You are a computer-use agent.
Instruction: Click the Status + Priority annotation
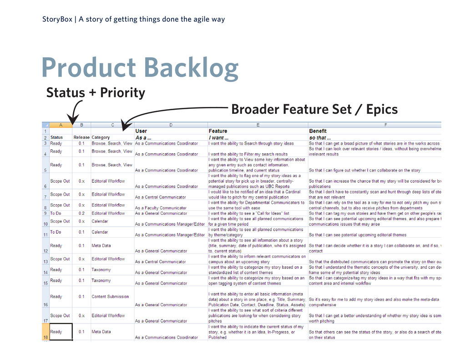[96, 93]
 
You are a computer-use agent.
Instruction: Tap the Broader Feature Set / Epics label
[314, 109]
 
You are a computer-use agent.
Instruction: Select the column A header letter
[61, 124]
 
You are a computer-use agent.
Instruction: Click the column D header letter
[171, 124]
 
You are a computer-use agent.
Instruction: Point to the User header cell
[142, 131]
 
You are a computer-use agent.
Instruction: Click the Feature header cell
[218, 131]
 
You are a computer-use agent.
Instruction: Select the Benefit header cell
[318, 131]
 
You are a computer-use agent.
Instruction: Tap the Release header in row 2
[81, 137]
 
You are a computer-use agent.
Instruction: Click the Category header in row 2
[101, 137]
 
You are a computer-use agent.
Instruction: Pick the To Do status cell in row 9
[56, 213]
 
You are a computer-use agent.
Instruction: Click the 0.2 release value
[81, 213]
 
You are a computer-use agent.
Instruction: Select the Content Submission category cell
[110, 297]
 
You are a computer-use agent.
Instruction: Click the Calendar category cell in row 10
[100, 221]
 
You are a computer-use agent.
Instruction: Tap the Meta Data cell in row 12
[101, 246]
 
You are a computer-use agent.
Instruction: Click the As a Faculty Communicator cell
[161, 208]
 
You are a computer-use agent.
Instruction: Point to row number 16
[46, 304]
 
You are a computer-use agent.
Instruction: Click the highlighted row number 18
[46, 337]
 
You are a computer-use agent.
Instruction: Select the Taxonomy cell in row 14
[101, 269]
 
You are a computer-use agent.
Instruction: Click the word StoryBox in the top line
[57, 19]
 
